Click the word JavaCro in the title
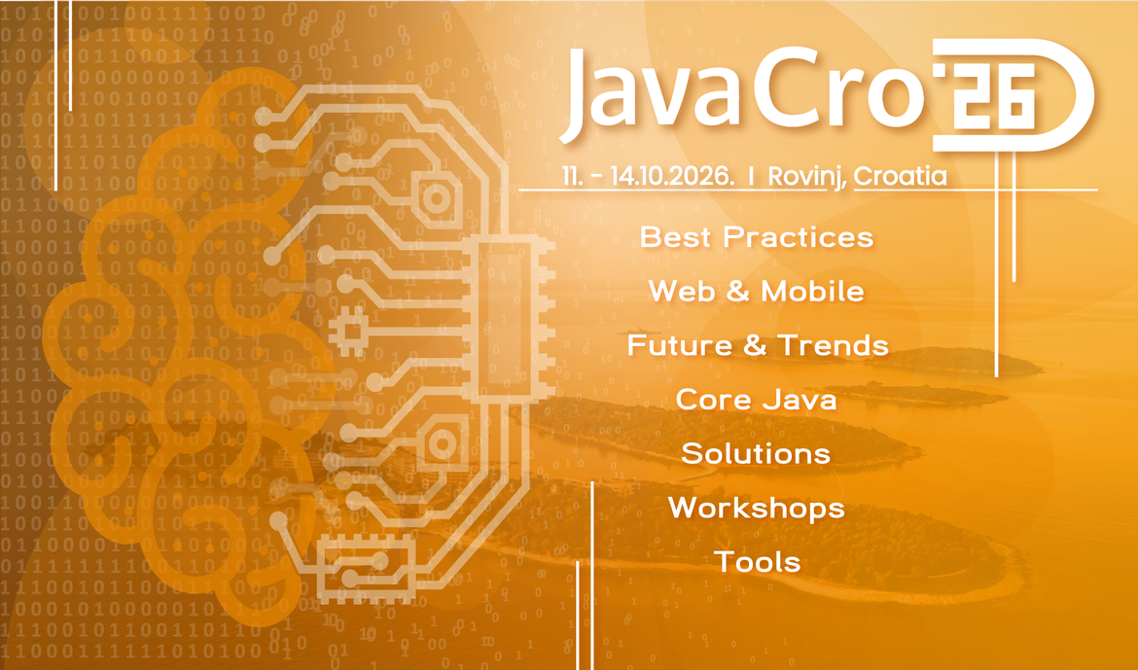coord(739,92)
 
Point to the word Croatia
coord(900,177)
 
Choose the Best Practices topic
coord(756,236)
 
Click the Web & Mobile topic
coord(756,291)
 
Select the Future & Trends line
coord(757,345)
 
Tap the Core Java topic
coord(756,399)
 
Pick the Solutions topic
coord(756,453)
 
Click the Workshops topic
coord(756,508)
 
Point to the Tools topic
coord(757,562)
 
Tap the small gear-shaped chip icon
coord(346,332)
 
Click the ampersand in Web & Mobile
coord(738,291)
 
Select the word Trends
coord(833,345)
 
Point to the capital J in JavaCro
coord(585,95)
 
